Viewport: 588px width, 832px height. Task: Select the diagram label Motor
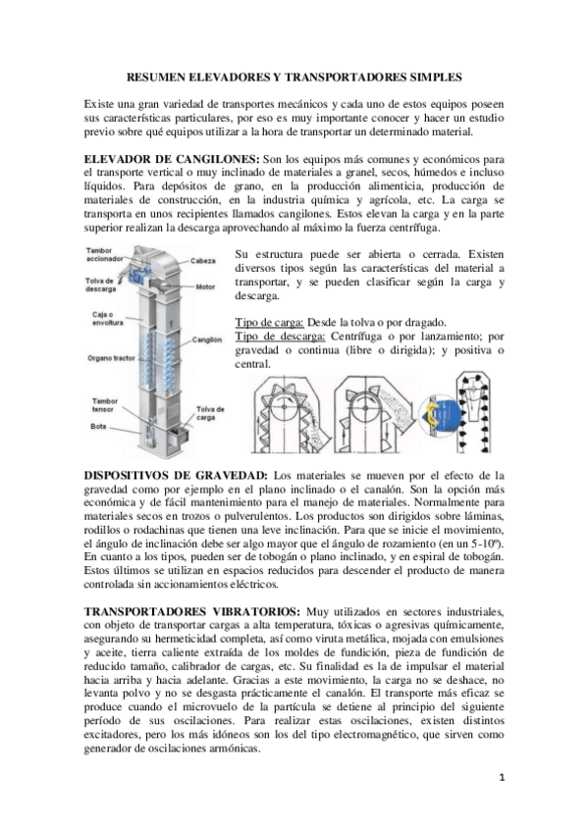[205, 287]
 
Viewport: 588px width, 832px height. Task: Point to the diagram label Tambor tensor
[104, 406]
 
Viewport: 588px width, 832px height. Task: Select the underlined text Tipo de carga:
[271, 322]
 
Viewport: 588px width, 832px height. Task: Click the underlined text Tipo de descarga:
[280, 337]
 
